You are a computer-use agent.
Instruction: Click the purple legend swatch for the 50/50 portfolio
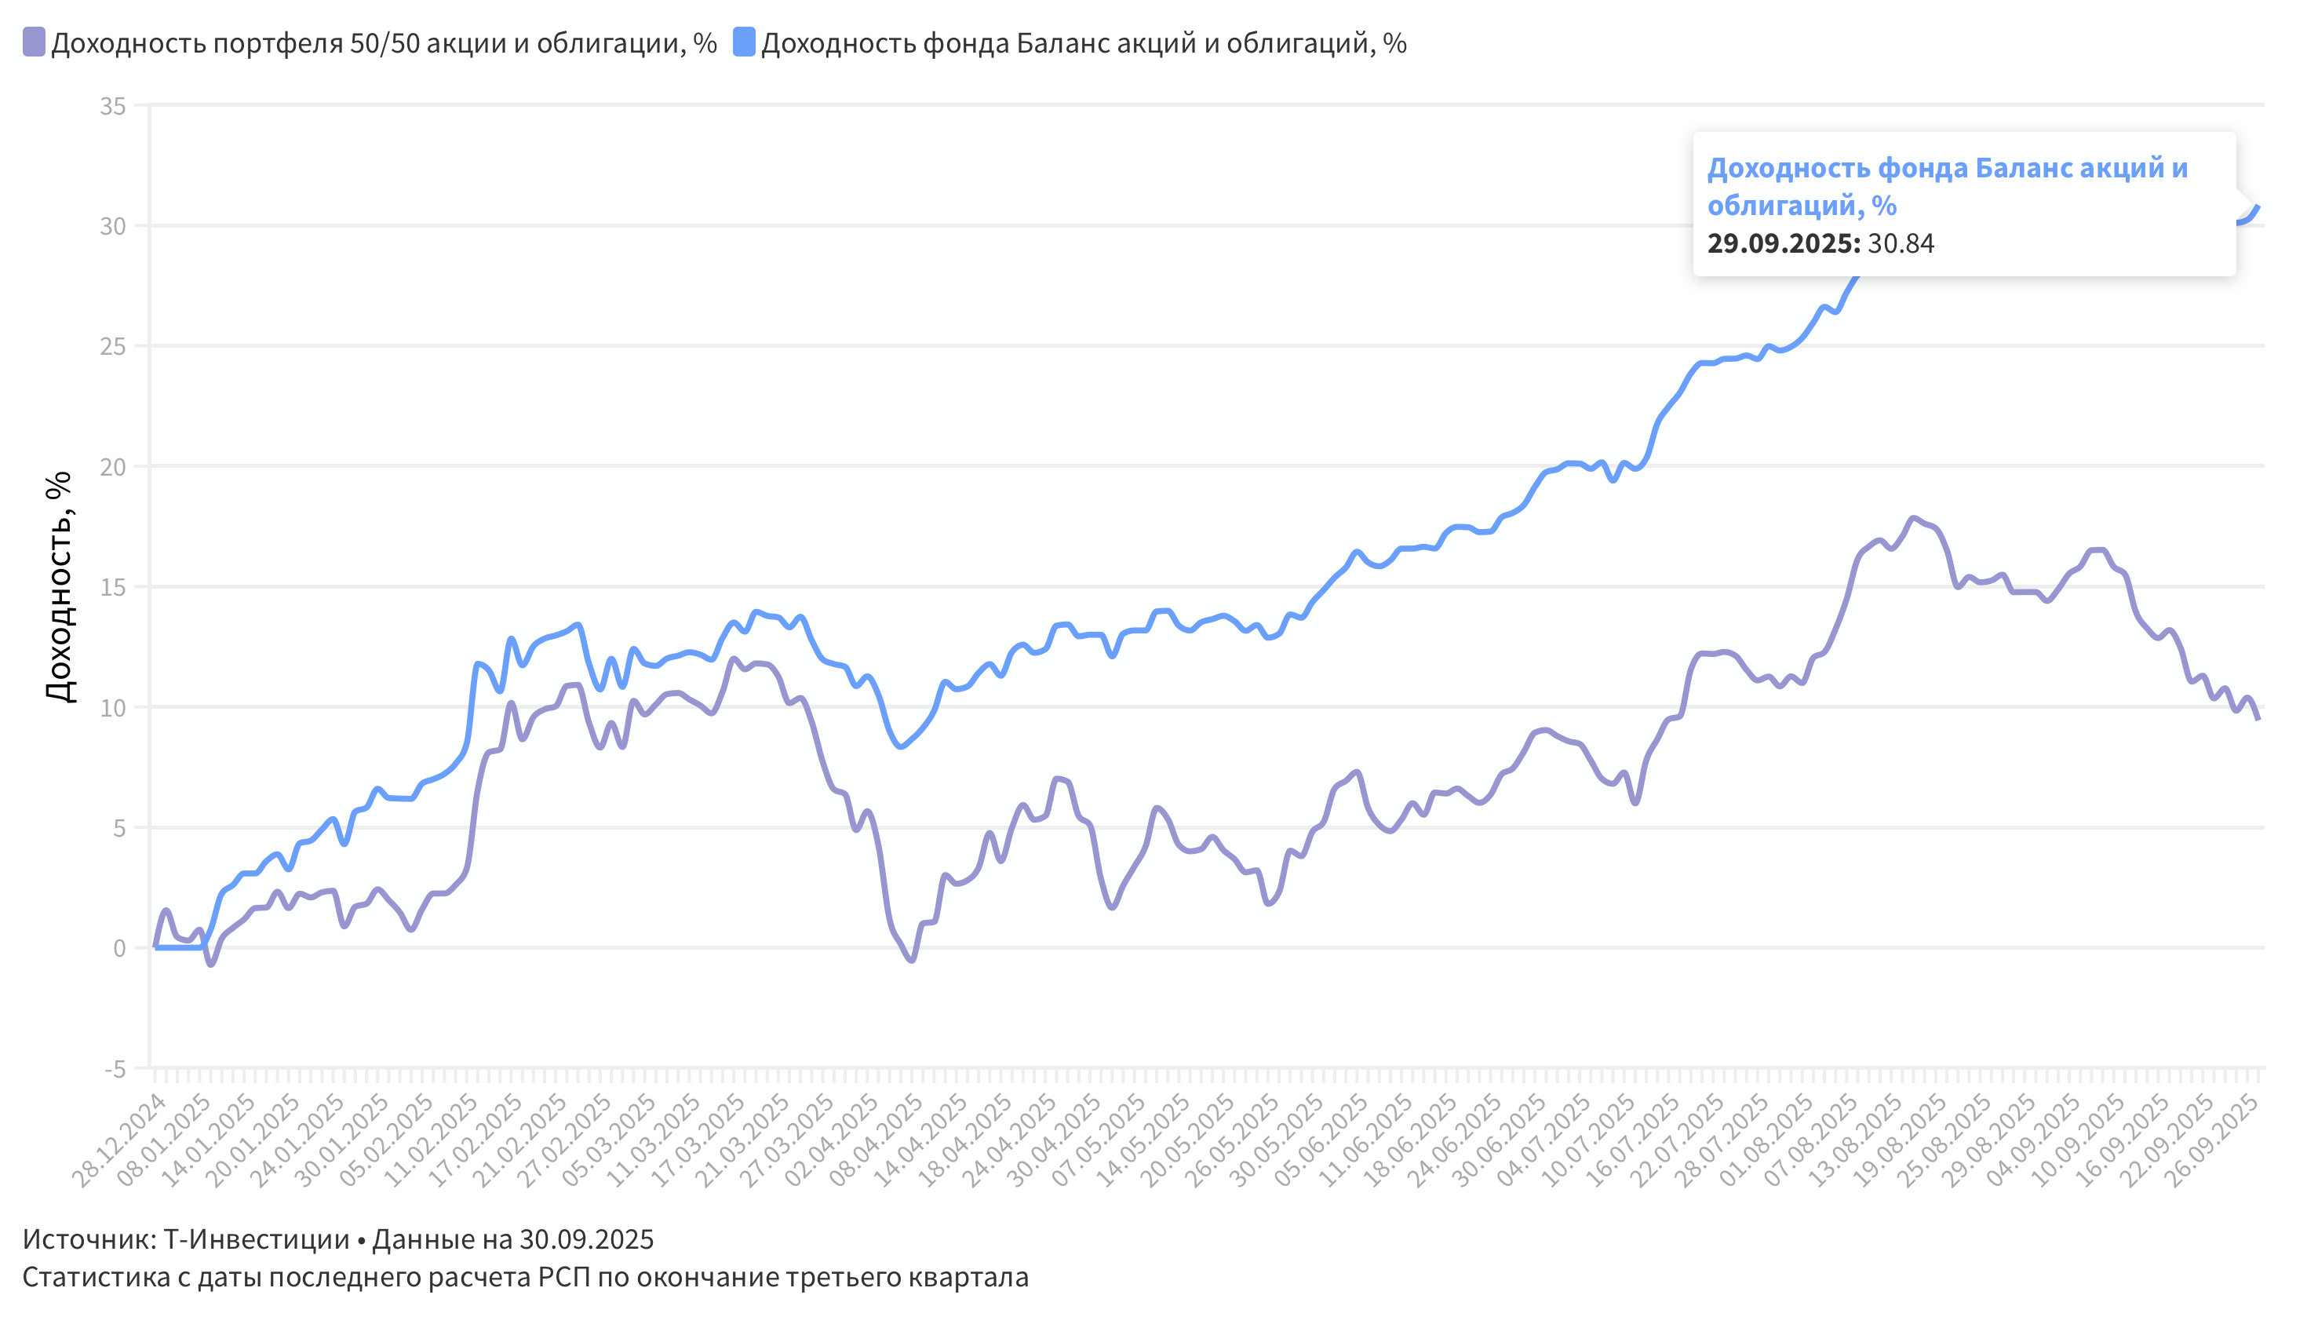point(34,42)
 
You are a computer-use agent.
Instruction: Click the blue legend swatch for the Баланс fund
point(743,42)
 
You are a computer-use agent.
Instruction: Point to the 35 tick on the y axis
point(113,107)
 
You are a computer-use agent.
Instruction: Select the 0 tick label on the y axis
point(119,949)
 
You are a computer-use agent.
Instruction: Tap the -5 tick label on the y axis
point(115,1069)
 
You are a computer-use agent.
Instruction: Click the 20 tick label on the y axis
point(113,467)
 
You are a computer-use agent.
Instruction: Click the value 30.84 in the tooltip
point(1900,243)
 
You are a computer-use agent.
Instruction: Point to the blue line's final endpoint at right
point(2258,207)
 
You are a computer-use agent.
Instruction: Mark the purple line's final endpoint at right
point(2258,718)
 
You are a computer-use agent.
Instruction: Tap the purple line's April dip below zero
point(911,960)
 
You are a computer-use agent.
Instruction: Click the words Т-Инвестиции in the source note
point(256,1239)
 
